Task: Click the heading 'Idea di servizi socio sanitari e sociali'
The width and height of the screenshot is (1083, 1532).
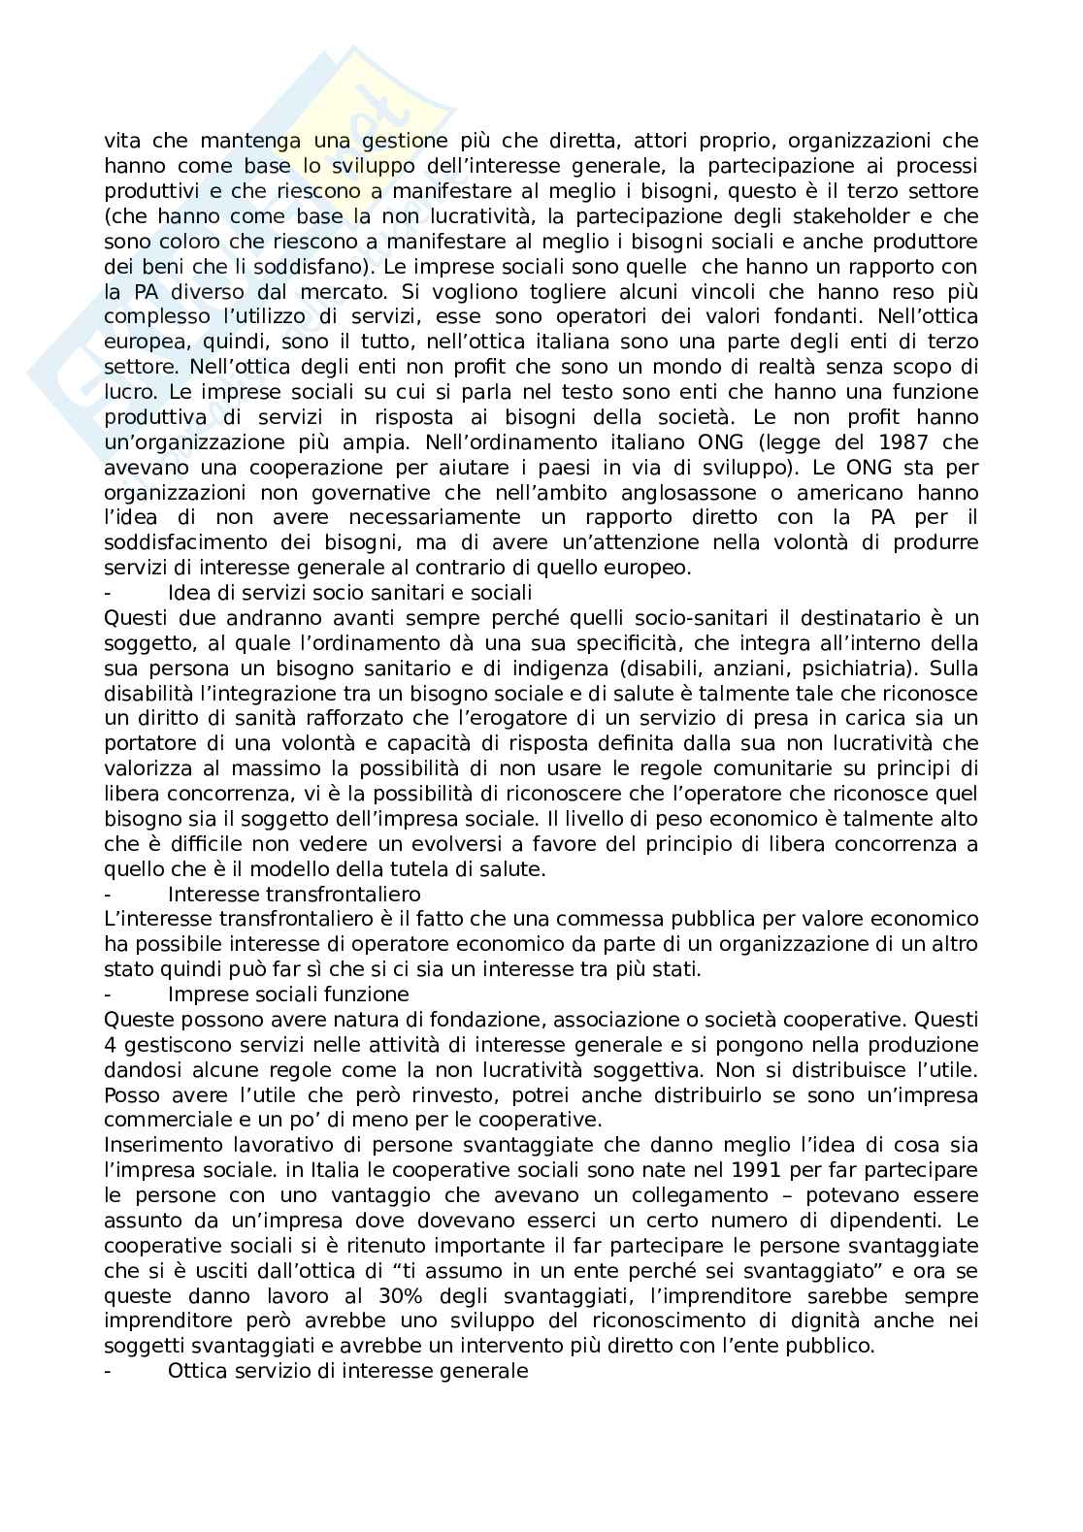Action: click(349, 592)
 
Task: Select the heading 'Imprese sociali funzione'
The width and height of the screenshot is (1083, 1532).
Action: click(288, 994)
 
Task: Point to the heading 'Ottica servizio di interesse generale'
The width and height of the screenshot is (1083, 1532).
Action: click(347, 1371)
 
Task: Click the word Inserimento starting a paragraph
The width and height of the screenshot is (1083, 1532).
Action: click(160, 1145)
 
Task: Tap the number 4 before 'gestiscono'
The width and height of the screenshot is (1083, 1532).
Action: click(110, 1044)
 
